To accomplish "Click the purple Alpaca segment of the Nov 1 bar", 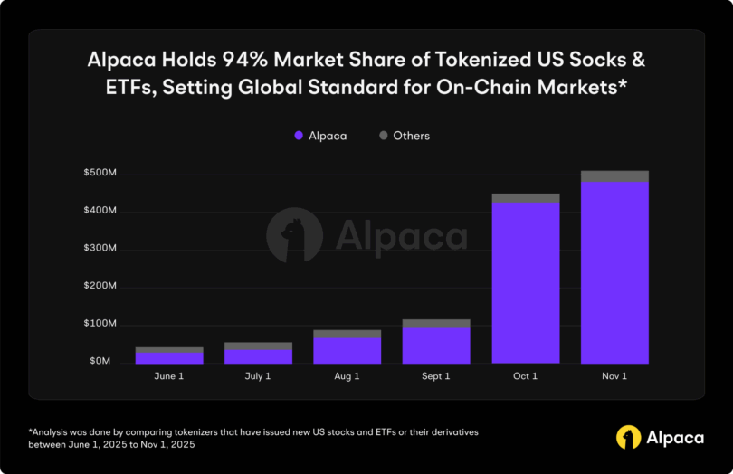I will (614, 271).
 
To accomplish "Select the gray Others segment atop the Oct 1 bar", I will (526, 197).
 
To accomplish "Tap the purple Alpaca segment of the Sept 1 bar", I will (436, 345).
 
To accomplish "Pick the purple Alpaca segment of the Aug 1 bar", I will (347, 350).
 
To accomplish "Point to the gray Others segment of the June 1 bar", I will (169, 349).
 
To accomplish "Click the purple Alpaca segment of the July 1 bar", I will (258, 356).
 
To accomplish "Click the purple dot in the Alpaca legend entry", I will (297, 136).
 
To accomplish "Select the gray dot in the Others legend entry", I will (383, 136).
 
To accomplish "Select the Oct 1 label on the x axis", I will (526, 375).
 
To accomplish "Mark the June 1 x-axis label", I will (169, 375).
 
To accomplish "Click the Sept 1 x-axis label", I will (436, 375).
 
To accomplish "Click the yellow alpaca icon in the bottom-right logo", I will (629, 437).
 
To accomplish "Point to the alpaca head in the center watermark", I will (294, 235).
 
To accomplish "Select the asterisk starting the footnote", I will (32, 432).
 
